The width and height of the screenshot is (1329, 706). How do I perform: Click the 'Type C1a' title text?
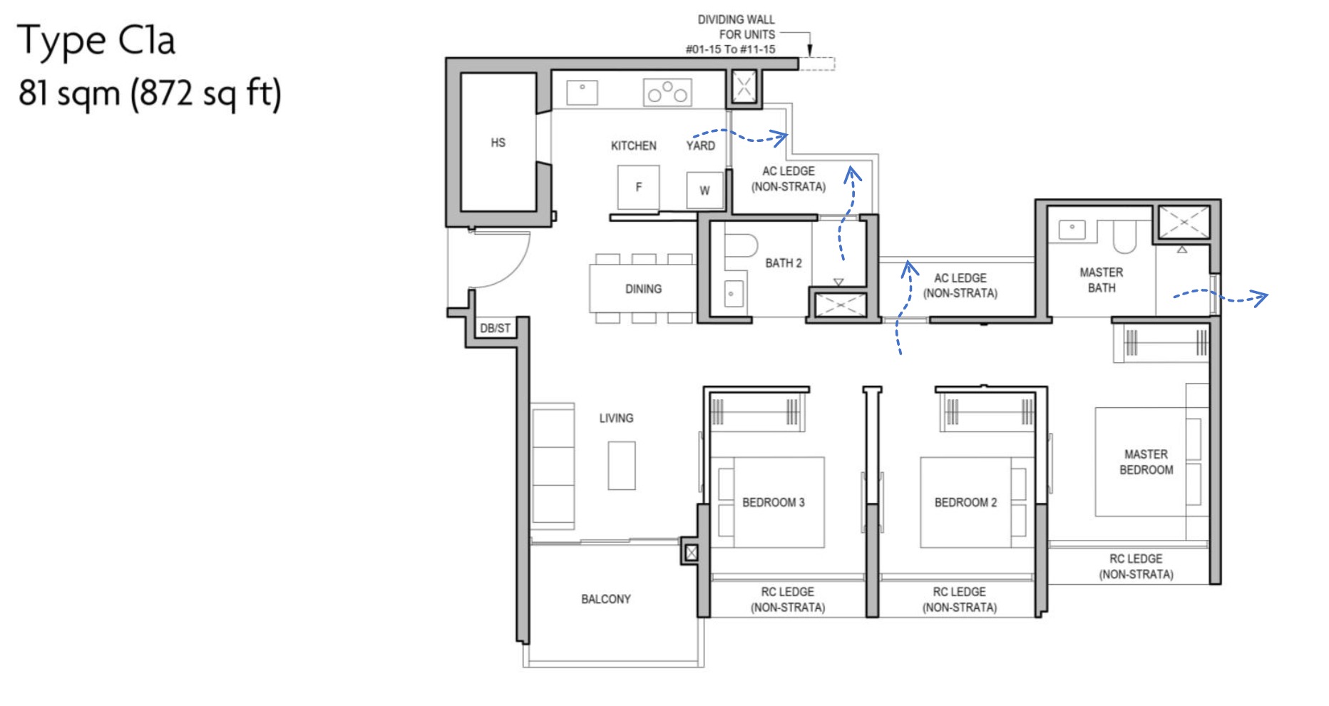pos(96,41)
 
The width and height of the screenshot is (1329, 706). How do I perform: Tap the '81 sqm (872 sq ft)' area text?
pos(150,93)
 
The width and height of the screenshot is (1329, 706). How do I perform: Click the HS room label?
pos(498,143)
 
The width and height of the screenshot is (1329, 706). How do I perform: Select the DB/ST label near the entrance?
pos(495,328)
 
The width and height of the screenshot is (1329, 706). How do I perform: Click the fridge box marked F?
pos(638,187)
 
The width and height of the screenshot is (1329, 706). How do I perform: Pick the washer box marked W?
pos(704,190)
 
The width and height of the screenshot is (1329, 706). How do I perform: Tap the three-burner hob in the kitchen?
pos(667,93)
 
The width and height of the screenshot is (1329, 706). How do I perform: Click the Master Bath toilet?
pos(1124,236)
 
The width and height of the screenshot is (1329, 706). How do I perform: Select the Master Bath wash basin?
pos(1072,230)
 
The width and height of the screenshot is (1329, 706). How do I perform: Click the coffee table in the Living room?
pos(621,465)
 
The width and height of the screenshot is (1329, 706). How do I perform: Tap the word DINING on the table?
pos(643,289)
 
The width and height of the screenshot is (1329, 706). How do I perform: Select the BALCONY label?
pos(605,599)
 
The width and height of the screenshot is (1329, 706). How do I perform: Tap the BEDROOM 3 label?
pos(773,502)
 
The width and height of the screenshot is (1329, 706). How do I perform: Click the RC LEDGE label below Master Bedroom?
pos(1135,566)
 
